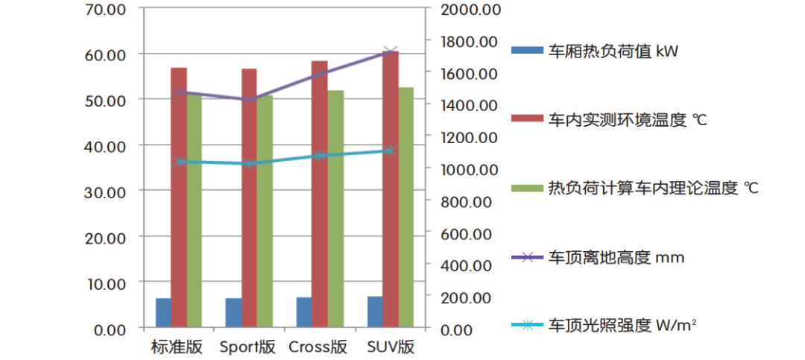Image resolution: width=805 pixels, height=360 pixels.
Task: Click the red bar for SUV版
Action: [x=390, y=189]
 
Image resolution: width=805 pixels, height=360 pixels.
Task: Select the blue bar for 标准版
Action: [x=162, y=313]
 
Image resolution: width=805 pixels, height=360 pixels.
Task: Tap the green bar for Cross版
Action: [x=335, y=209]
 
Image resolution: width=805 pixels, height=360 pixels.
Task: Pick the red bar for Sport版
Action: [x=249, y=198]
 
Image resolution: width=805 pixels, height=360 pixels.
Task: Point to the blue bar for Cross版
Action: [x=303, y=312]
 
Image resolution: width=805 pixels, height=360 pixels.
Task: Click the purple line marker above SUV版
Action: [x=391, y=51]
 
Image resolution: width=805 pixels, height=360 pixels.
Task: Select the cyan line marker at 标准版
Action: [x=179, y=161]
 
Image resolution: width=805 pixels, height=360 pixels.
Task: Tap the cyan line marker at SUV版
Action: [x=390, y=151]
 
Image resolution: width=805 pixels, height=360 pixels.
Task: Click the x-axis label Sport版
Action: [x=247, y=347]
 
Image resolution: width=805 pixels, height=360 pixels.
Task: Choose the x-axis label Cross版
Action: [x=318, y=347]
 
